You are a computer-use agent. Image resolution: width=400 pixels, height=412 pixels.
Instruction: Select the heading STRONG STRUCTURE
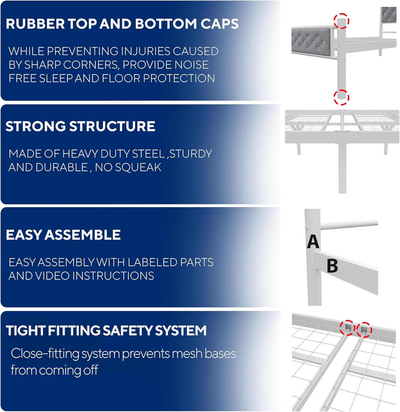(x=80, y=126)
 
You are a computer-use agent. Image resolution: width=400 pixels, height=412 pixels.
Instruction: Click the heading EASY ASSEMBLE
(x=63, y=235)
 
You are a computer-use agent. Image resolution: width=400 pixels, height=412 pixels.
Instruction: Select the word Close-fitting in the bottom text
(x=45, y=353)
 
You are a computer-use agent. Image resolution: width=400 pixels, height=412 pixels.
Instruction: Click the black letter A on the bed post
(x=313, y=242)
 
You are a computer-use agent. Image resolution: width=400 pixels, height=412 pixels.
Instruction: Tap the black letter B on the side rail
(x=332, y=266)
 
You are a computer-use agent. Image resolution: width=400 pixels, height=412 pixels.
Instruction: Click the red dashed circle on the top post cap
(x=341, y=21)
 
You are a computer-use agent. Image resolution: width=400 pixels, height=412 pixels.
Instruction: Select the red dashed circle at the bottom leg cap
(x=341, y=97)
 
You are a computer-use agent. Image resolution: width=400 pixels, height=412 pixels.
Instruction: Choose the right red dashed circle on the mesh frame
(x=364, y=329)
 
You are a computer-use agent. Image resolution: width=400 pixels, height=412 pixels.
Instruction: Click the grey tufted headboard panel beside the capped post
(x=311, y=41)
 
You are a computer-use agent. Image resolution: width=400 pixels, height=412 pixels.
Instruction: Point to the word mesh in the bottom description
(x=187, y=354)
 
